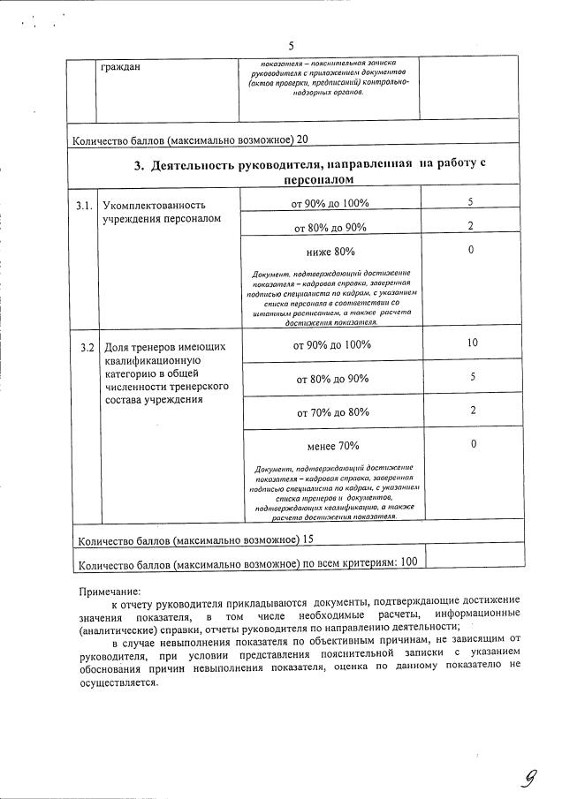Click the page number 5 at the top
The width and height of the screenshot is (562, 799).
tap(291, 46)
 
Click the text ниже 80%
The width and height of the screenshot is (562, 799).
tap(330, 252)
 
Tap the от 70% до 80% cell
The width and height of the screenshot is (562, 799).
tap(332, 411)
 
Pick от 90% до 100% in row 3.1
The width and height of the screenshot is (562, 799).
tap(330, 203)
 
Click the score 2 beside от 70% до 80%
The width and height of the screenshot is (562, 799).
tap(474, 411)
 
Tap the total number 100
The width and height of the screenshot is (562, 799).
tap(408, 562)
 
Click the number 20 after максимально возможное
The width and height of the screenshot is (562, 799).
tap(303, 140)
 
